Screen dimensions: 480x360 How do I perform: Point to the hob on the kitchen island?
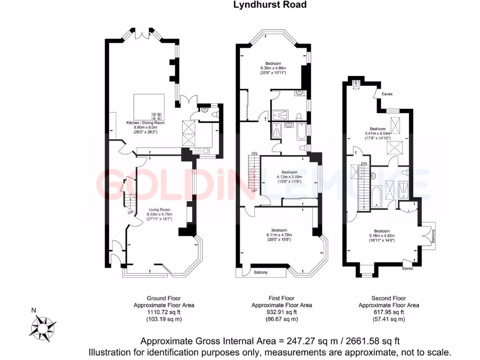pyautogui.click(x=157, y=115)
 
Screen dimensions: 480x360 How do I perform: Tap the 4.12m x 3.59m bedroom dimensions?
pyautogui.click(x=290, y=177)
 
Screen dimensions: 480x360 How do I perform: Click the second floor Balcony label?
pyautogui.click(x=434, y=234)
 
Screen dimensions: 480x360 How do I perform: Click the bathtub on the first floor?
pyautogui.click(x=300, y=132)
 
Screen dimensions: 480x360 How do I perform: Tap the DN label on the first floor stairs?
pyautogui.click(x=254, y=154)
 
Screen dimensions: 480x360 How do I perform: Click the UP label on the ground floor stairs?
pyautogui.click(x=130, y=212)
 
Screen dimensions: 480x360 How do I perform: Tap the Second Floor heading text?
pyautogui.click(x=389, y=298)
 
